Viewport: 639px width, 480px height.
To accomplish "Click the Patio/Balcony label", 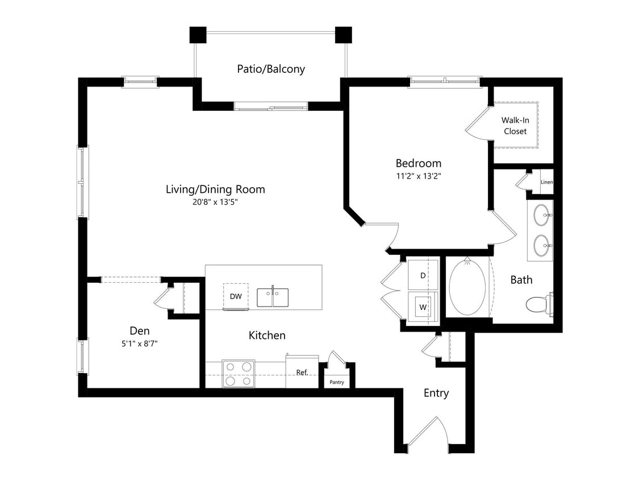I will point(270,69).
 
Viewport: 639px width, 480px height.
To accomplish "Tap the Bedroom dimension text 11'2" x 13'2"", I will point(418,176).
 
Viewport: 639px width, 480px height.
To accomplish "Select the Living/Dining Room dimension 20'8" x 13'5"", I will point(215,202).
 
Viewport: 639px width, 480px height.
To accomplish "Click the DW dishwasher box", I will point(236,296).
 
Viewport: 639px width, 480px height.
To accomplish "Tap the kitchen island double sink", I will point(272,297).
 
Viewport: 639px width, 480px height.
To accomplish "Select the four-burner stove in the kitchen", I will point(238,374).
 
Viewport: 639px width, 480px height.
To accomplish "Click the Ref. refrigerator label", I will point(302,373).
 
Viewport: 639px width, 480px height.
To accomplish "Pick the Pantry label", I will point(337,382).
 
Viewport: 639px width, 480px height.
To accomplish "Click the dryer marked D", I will point(423,275).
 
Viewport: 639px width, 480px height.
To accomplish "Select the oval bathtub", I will point(467,287).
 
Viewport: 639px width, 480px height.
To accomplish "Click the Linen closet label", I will point(546,182).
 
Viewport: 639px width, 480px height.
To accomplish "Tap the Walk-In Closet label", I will point(514,126).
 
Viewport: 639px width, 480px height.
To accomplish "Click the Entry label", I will point(436,393).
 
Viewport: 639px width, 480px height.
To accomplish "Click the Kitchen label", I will point(267,336).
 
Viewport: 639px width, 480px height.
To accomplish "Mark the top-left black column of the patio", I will point(198,35).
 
